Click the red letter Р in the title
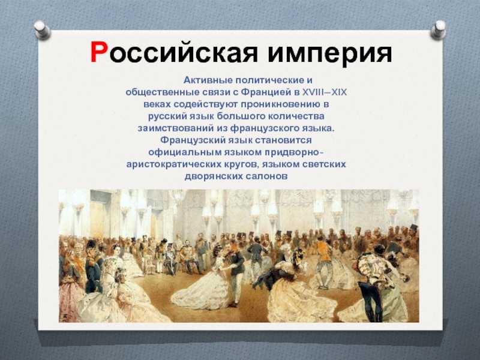100,52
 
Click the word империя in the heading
329,54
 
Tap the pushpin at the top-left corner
42,29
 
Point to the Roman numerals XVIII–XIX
325,92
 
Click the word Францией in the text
265,92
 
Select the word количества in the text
296,116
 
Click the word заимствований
176,128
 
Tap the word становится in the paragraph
283,140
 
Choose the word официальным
185,152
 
